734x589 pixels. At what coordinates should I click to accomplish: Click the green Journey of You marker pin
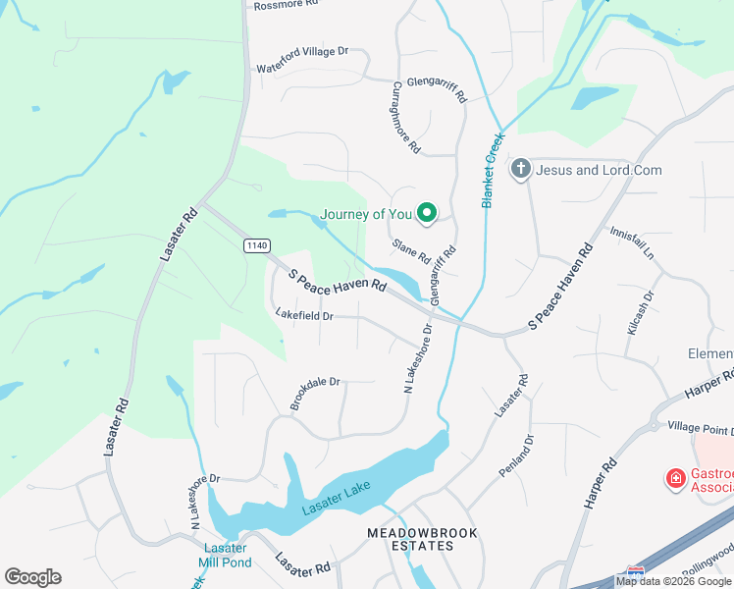(x=427, y=213)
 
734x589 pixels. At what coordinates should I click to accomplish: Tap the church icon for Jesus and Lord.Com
(x=520, y=170)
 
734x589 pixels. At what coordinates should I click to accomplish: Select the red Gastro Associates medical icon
(x=675, y=479)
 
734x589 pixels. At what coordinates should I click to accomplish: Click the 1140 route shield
(x=257, y=245)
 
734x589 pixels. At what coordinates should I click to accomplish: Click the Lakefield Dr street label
(x=305, y=316)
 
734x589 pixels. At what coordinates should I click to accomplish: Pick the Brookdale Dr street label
(x=314, y=394)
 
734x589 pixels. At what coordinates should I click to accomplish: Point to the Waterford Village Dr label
(x=302, y=59)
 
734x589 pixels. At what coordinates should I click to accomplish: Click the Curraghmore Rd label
(x=407, y=118)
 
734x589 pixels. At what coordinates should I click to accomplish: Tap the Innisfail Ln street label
(x=632, y=240)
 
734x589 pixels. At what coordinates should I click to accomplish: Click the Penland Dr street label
(x=517, y=456)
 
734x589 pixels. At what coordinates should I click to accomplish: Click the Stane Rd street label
(x=411, y=251)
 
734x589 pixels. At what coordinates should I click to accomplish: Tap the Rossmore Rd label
(x=287, y=5)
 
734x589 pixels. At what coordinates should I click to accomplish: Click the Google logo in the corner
(x=32, y=577)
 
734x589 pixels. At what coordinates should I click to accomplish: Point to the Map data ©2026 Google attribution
(x=674, y=581)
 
